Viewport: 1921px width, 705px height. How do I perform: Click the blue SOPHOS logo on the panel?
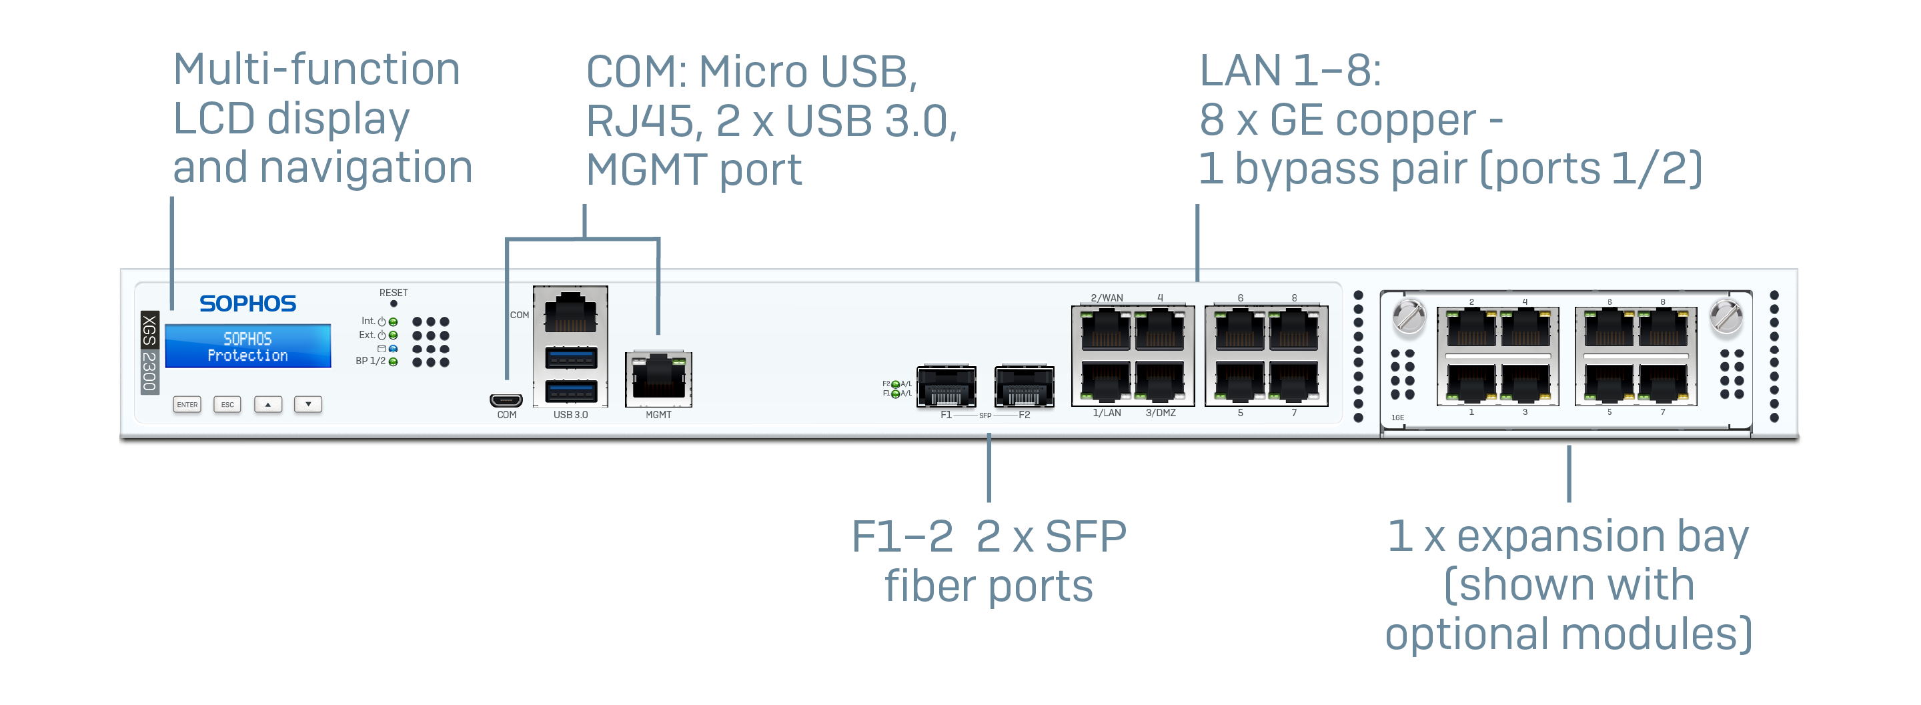(247, 303)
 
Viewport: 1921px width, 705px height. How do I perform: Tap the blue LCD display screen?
(247, 346)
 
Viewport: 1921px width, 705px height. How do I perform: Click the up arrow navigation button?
(267, 404)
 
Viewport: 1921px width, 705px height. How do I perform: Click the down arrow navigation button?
(308, 404)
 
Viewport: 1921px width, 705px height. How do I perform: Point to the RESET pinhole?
(394, 303)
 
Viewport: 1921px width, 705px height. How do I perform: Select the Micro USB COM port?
(506, 400)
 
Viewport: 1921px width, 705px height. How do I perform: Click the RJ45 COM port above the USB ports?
(570, 313)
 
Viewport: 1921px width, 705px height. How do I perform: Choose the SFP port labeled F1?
(946, 386)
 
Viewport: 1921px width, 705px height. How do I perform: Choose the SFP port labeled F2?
(1024, 386)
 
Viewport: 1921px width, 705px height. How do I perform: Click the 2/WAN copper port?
(1106, 331)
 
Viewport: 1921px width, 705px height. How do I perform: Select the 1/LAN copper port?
(1106, 382)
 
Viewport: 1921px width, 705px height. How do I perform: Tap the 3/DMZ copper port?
(1160, 382)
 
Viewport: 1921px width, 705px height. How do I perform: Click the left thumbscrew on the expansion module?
(1409, 316)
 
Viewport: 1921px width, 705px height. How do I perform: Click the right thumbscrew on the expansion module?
(1726, 316)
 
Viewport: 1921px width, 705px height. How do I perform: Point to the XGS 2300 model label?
(150, 352)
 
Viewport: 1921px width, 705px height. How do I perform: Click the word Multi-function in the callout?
(316, 70)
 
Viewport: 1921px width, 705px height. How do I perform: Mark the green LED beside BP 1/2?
(393, 362)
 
